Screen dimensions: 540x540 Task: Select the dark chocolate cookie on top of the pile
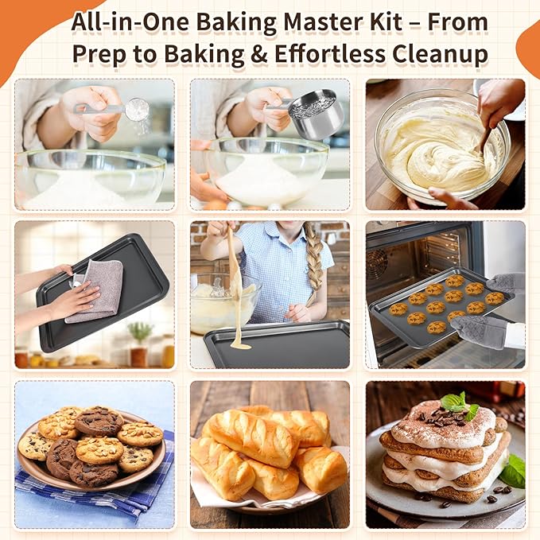(x=99, y=421)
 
